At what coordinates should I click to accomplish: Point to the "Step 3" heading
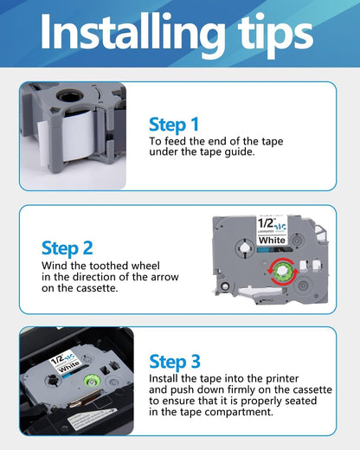coord(180,362)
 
